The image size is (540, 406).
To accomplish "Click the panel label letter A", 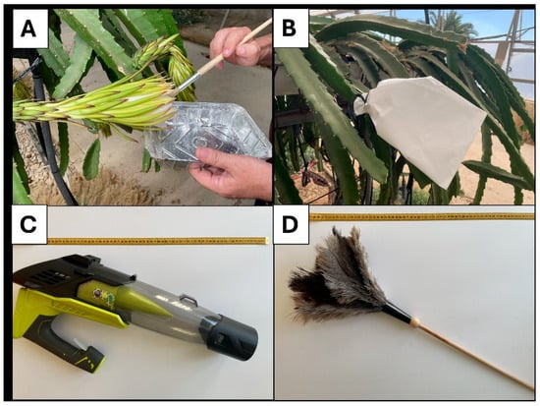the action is pyautogui.click(x=28, y=28).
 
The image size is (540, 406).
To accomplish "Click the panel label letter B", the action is pyautogui.click(x=289, y=28).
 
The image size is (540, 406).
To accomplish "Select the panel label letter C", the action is pyautogui.click(x=28, y=224).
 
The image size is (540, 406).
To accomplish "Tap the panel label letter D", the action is pyautogui.click(x=290, y=224).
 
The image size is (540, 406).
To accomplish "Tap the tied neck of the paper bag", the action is pyautogui.click(x=361, y=102).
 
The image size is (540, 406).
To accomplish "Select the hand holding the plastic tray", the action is pyautogui.click(x=232, y=172).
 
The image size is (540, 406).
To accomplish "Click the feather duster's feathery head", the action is pyautogui.click(x=340, y=276).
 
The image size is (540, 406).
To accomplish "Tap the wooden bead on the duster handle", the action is pyautogui.click(x=415, y=321).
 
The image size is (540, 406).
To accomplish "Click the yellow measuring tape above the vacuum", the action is pyautogui.click(x=158, y=241).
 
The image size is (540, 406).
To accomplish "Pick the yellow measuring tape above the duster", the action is pyautogui.click(x=422, y=217).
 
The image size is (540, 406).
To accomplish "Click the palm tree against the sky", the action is pyautogui.click(x=448, y=25).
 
